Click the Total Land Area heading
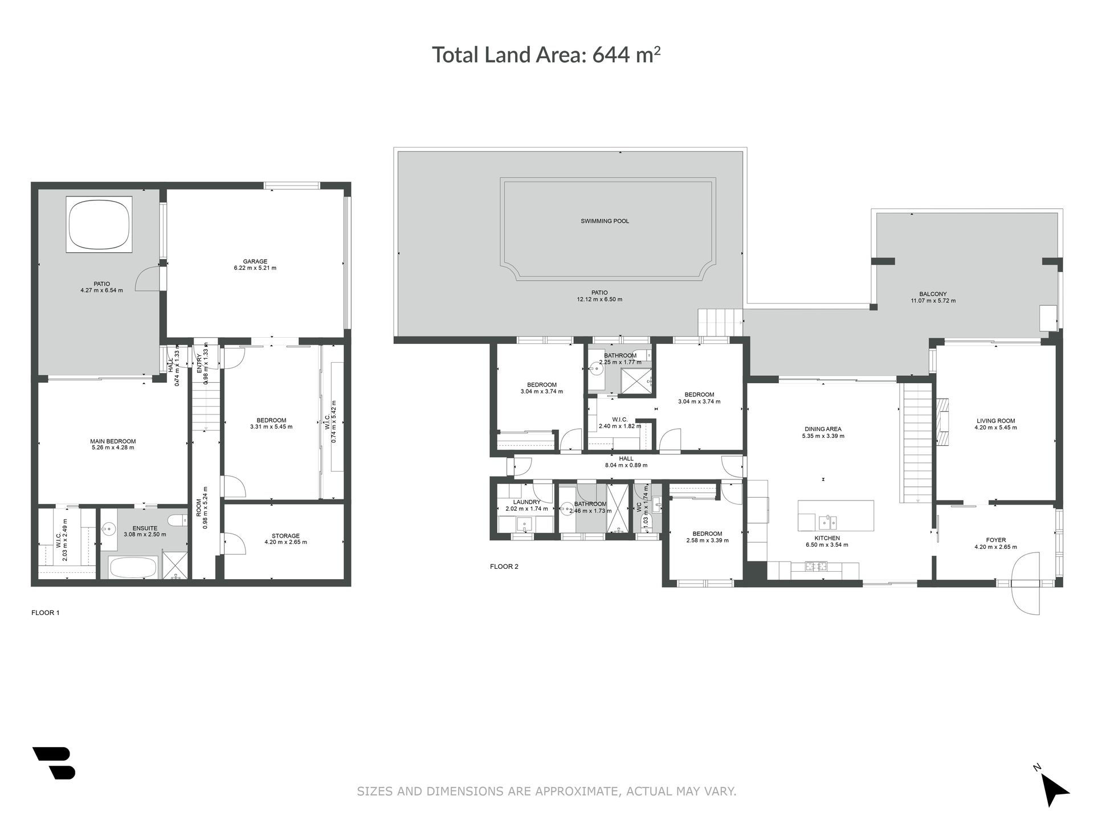pyautogui.click(x=546, y=55)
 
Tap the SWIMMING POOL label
pyautogui.click(x=605, y=221)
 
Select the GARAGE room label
pyautogui.click(x=255, y=262)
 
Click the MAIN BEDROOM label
pyautogui.click(x=113, y=441)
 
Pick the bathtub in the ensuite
pyautogui.click(x=133, y=567)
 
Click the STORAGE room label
pyautogui.click(x=285, y=536)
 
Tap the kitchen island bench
pyautogui.click(x=836, y=515)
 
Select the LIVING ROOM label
pyautogui.click(x=995, y=421)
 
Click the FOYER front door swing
pyautogui.click(x=1026, y=598)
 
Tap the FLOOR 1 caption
pyautogui.click(x=45, y=613)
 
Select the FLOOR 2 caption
pyautogui.click(x=504, y=567)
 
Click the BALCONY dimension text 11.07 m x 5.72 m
pyautogui.click(x=933, y=301)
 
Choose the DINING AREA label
pyautogui.click(x=823, y=429)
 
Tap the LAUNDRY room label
pyautogui.click(x=526, y=502)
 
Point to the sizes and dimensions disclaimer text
pyautogui.click(x=546, y=791)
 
